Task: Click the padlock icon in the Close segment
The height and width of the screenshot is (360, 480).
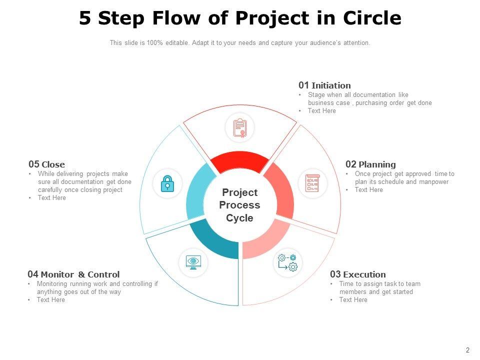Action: (x=167, y=184)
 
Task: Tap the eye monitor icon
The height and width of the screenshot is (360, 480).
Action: (x=193, y=261)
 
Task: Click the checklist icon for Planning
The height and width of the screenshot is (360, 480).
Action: (x=312, y=183)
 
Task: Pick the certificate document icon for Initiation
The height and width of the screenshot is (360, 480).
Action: (x=240, y=127)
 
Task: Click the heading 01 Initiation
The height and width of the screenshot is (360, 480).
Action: (x=324, y=85)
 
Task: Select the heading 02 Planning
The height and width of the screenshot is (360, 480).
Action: (x=370, y=164)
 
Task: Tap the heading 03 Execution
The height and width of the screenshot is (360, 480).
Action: (x=357, y=274)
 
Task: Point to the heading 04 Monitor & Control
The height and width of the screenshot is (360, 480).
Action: (x=73, y=274)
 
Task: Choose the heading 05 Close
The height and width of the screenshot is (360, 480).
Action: (x=46, y=164)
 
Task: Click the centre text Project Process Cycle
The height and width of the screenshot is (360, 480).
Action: (x=239, y=205)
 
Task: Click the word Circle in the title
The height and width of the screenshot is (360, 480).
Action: (x=372, y=18)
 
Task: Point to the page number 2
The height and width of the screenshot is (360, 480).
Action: (x=467, y=350)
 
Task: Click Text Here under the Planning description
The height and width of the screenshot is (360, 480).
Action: (x=368, y=190)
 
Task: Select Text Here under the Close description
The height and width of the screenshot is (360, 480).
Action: (x=51, y=198)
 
